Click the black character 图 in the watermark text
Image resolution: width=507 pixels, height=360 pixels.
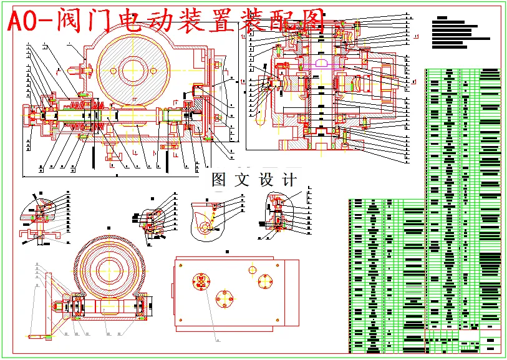tap(219, 180)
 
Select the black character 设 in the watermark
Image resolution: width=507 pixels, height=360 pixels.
tap(266, 180)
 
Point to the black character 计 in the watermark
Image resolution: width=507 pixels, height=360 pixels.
tap(289, 180)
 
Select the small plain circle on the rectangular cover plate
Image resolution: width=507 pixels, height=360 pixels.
tap(252, 269)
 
